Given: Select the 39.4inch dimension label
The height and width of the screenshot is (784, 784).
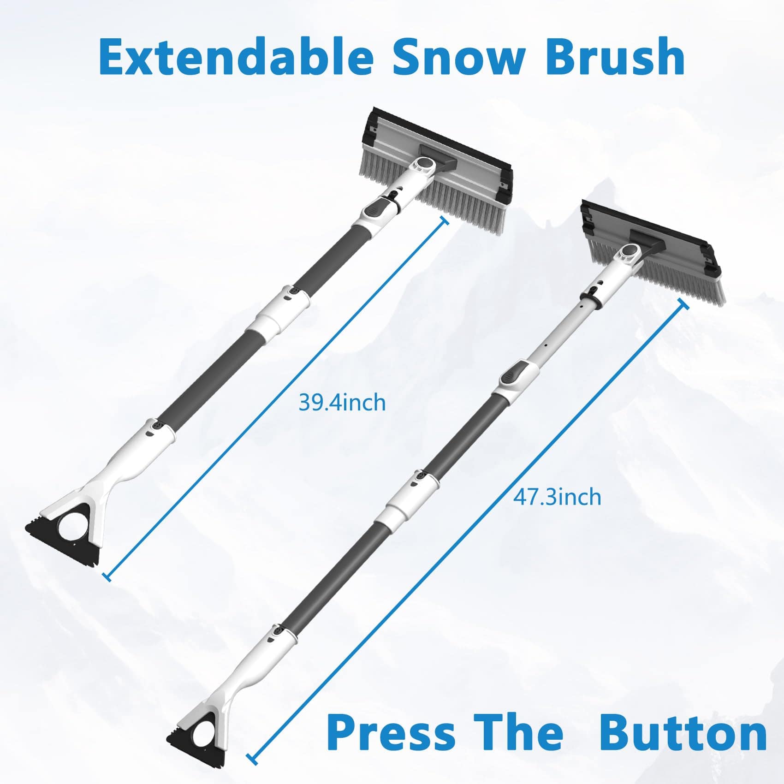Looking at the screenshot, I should [x=342, y=402].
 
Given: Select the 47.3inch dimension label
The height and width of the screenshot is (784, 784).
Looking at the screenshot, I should [x=557, y=497].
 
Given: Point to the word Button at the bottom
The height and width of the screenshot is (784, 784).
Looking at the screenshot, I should [x=683, y=732].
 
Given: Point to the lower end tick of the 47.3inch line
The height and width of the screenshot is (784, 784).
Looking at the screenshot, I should [x=252, y=759].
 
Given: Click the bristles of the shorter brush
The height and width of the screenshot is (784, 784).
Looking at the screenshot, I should [x=466, y=203].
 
